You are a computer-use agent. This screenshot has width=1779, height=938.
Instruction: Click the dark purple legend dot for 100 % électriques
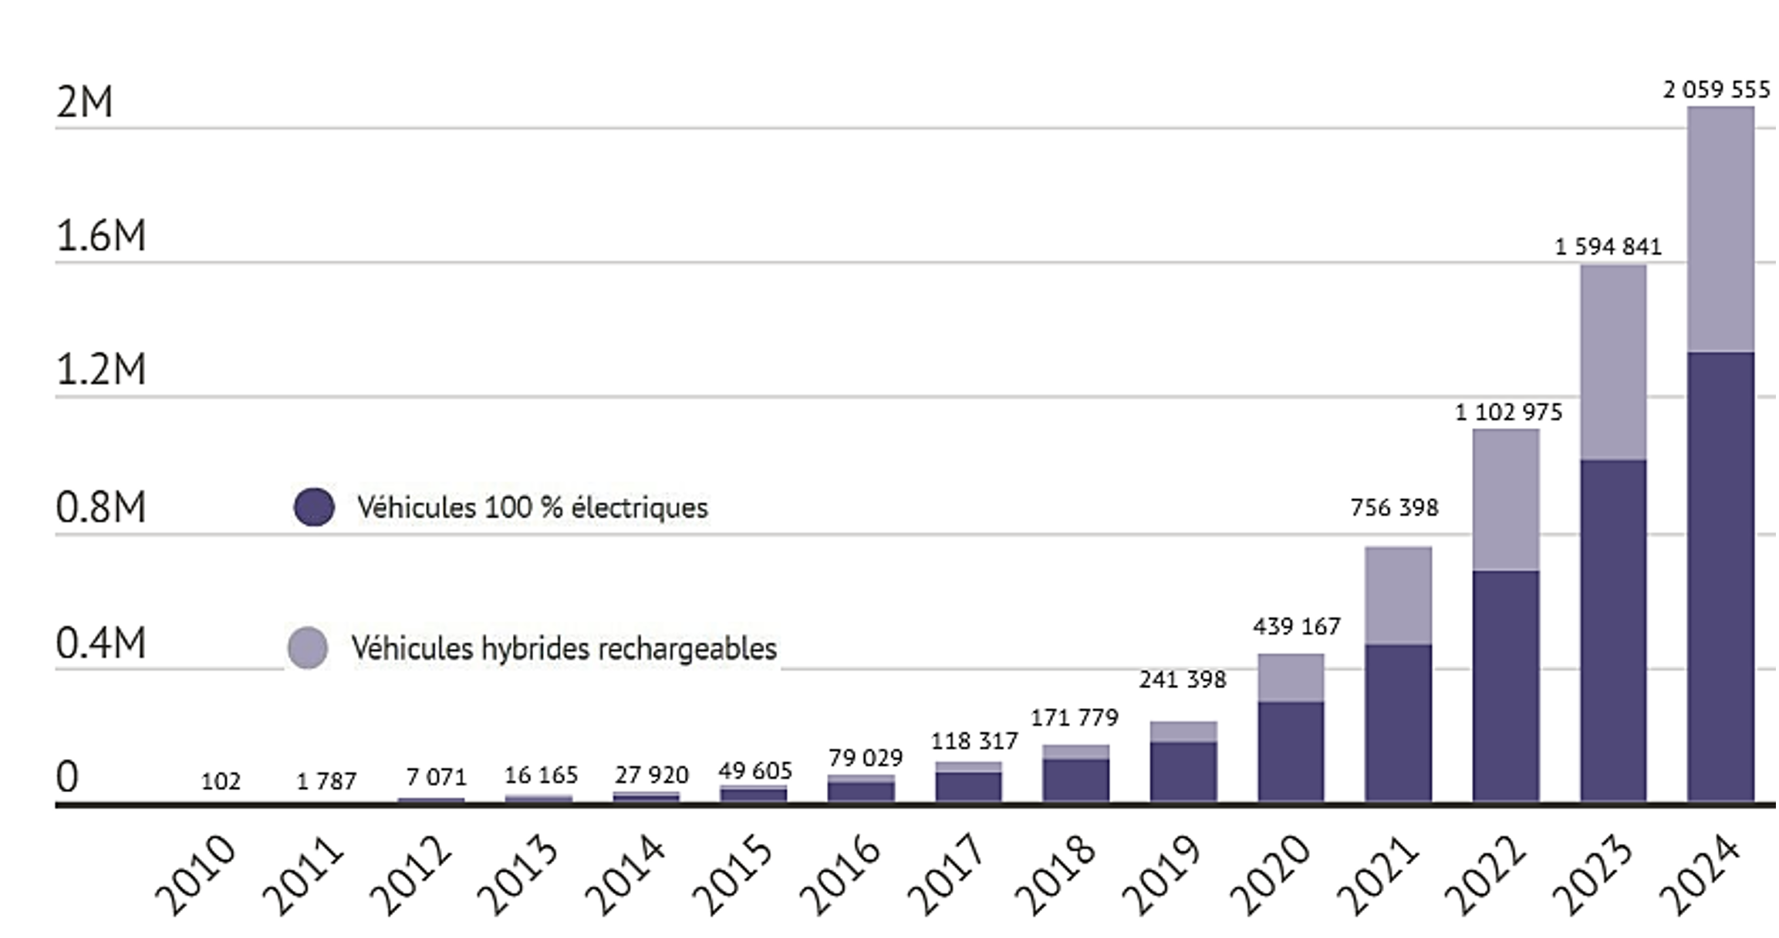pos(314,507)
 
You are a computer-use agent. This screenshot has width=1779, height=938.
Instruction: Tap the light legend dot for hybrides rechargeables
pos(308,647)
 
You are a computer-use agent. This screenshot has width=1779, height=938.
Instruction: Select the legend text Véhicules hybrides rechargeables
pos(564,648)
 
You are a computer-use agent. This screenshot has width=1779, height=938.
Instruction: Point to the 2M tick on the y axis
pos(85,102)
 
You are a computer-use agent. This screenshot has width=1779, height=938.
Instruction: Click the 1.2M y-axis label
pos(101,369)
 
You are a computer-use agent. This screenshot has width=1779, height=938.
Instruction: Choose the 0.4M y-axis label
pos(101,643)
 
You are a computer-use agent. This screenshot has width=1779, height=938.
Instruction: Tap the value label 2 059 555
pos(1716,90)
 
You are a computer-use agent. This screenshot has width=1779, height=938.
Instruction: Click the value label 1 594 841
pos(1608,247)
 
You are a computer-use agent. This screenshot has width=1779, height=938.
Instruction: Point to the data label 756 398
pos(1394,508)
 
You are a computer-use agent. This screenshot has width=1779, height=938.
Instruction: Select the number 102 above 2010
pos(221,781)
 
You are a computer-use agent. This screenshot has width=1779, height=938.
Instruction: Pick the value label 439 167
pos(1296,626)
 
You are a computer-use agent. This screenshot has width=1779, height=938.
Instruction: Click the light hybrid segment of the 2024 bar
pos(1720,229)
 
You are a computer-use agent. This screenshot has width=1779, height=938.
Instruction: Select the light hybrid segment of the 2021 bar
pos(1398,595)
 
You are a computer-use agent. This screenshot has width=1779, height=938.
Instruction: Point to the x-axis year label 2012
pos(410,875)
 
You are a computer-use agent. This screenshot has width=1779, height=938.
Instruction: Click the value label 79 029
pos(866,758)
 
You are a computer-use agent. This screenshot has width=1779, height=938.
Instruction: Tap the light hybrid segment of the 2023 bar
pos(1613,362)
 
